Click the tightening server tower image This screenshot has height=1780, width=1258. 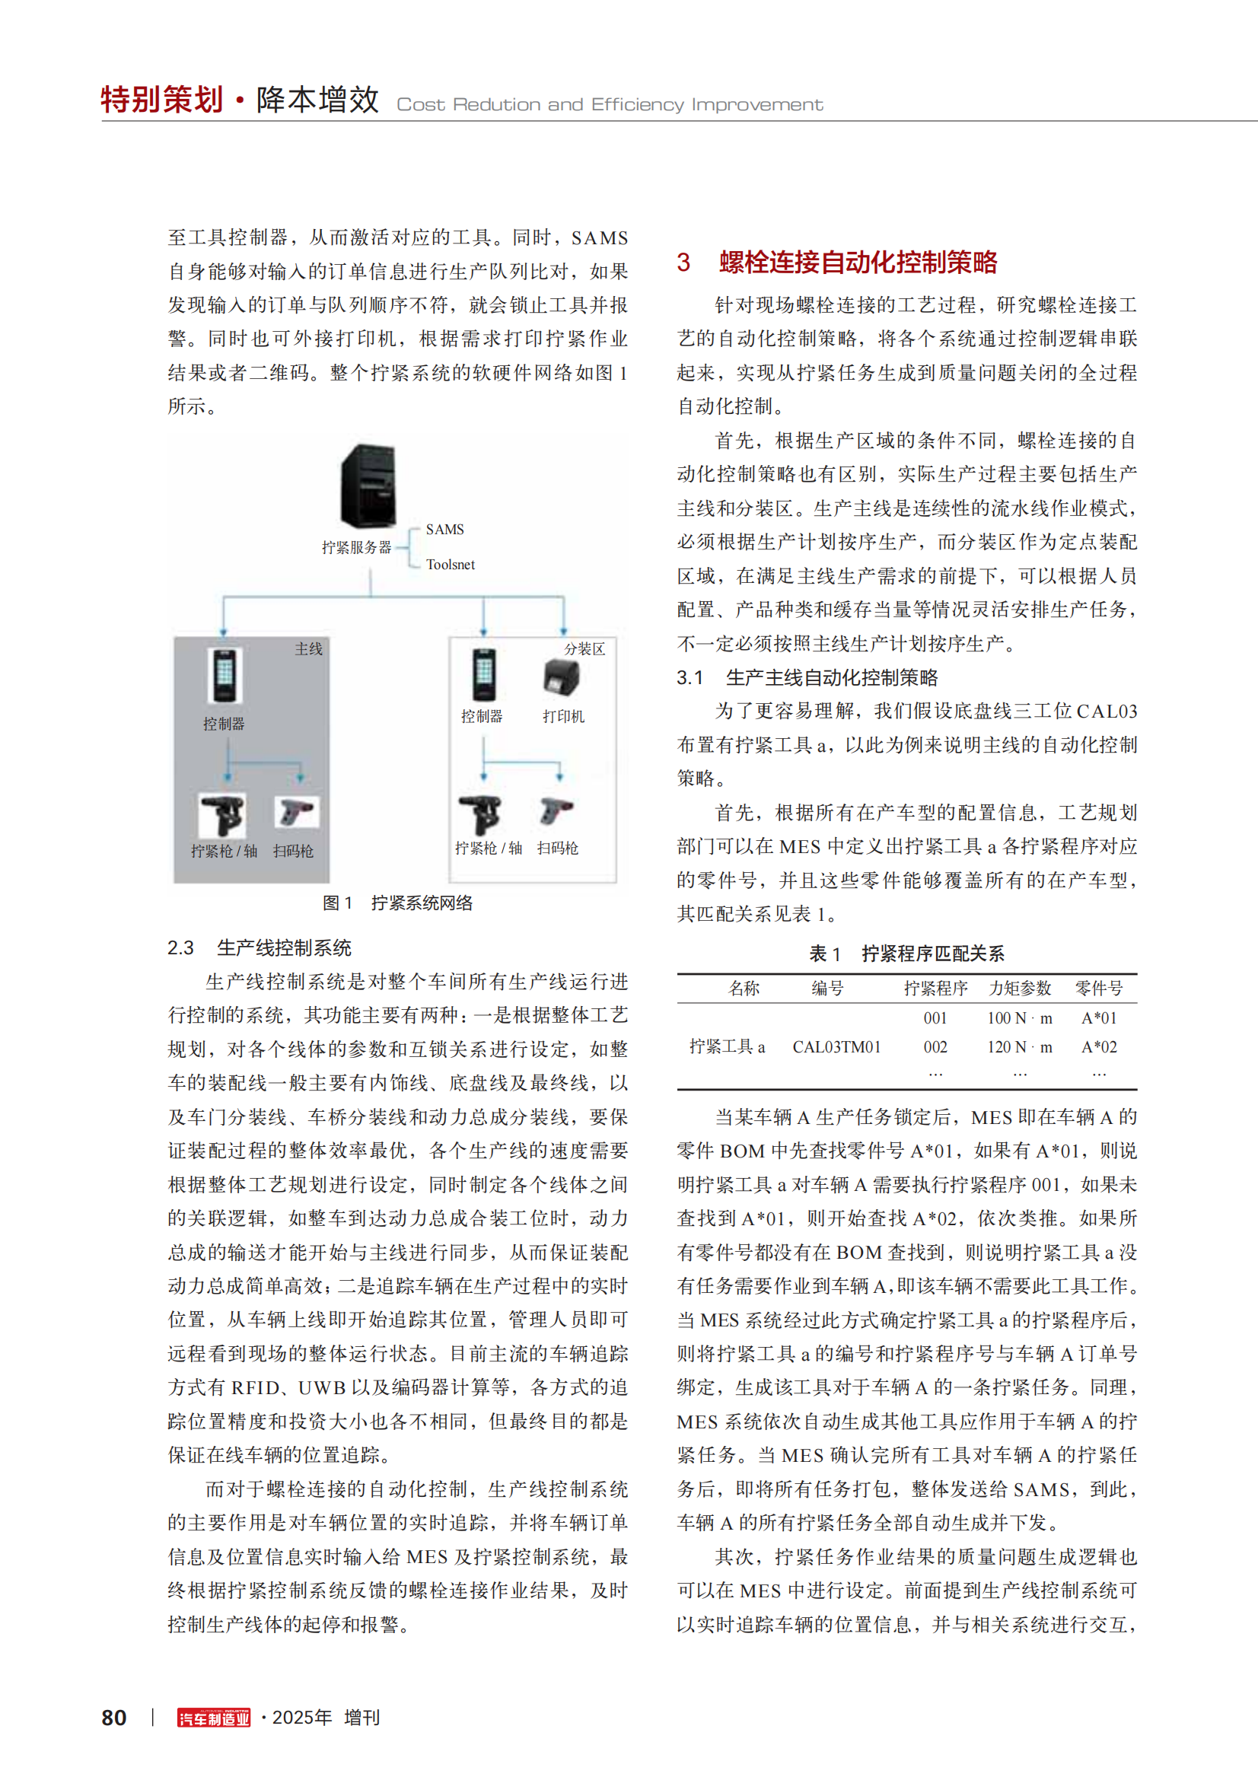[368, 486]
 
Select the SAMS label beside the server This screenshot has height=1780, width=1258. [445, 530]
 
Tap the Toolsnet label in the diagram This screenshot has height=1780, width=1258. [451, 565]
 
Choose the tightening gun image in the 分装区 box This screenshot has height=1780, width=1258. [481, 814]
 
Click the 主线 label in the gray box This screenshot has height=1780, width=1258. [308, 649]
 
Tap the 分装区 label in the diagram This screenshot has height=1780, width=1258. [584, 649]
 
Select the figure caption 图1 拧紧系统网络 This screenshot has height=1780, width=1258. [397, 903]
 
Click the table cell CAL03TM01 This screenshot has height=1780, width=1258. [836, 1046]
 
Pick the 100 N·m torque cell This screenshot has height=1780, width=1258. [1019, 1018]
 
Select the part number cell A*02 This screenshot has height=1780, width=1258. [1099, 1046]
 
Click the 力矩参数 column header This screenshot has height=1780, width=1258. [1019, 989]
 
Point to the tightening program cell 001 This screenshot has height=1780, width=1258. [935, 1018]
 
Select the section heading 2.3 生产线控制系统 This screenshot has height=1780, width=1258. [259, 947]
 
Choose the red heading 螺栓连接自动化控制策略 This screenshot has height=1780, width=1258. [858, 262]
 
